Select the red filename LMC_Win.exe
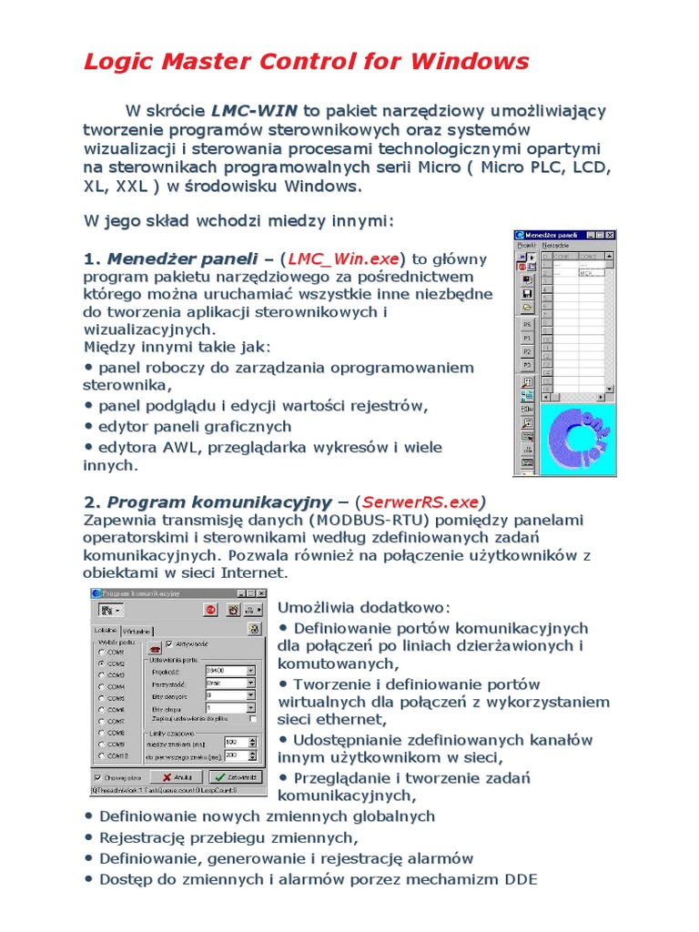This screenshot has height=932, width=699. coord(344,259)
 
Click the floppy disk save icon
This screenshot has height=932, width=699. coord(527,294)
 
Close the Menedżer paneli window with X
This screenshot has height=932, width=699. coord(612,234)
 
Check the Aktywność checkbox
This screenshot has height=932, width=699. coord(168,643)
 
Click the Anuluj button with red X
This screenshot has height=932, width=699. coord(176,777)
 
